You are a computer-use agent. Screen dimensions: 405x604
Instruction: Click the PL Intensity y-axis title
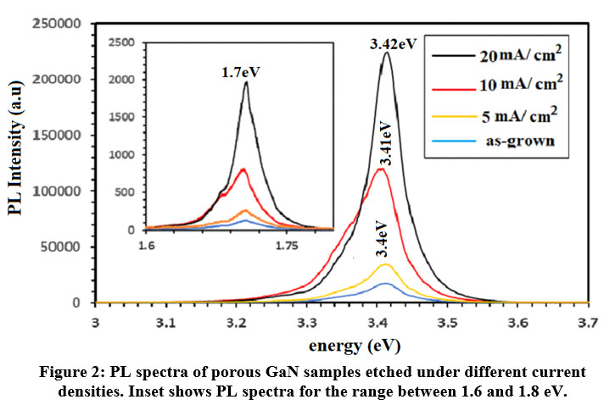[15, 163]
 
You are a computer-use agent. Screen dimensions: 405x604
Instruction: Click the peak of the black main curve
[387, 53]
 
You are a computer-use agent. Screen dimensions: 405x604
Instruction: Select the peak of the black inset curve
[246, 82]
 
